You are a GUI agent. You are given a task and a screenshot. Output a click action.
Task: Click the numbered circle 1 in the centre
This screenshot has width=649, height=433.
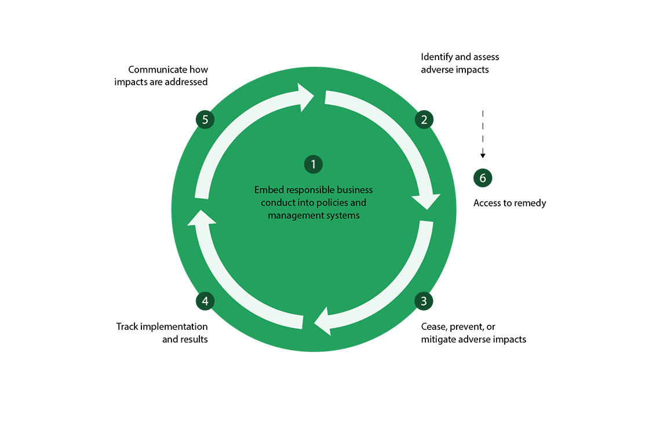point(313,165)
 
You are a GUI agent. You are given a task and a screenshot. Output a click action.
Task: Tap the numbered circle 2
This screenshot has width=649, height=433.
point(424,120)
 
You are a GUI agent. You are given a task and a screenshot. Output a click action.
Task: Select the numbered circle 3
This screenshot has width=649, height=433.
point(424,301)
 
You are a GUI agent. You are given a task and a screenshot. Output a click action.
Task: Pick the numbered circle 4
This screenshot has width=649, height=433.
point(205,301)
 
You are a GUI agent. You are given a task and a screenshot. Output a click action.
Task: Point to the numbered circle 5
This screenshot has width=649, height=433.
point(205,120)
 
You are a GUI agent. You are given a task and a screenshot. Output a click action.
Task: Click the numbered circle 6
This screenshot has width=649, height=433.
point(483,178)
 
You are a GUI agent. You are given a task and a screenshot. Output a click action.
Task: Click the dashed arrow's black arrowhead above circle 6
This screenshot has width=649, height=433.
point(483,155)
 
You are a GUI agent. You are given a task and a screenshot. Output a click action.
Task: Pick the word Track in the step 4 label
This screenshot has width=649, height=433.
point(128,327)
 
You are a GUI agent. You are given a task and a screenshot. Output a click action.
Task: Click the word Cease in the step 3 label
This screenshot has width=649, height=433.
point(434,327)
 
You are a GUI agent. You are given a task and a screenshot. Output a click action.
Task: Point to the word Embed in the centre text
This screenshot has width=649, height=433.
point(267,190)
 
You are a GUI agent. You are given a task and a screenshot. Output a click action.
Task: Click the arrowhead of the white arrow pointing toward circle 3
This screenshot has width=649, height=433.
point(426,201)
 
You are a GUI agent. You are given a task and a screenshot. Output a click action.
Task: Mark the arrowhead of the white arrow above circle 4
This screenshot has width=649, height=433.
point(201,216)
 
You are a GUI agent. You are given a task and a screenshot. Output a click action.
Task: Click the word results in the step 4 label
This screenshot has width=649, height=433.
point(194,339)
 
